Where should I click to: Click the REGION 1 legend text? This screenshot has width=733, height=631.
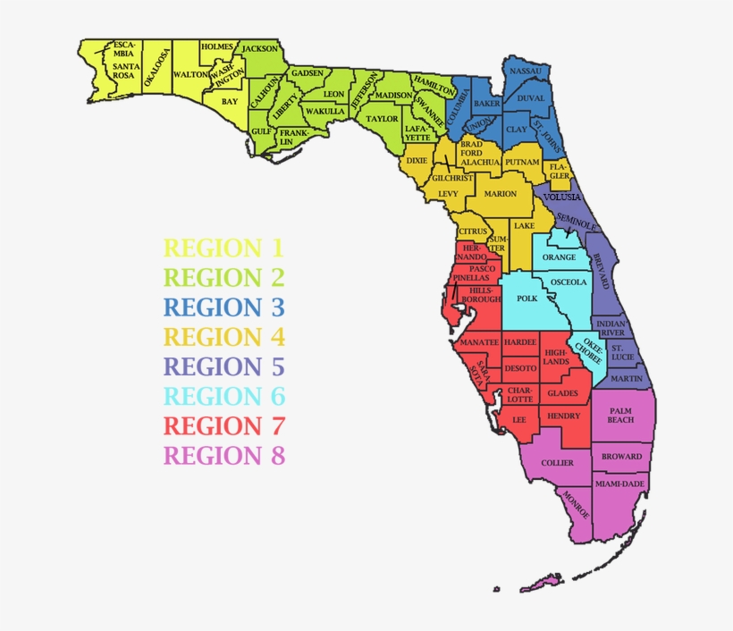click(x=223, y=248)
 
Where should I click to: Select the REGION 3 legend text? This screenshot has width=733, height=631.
click(x=223, y=307)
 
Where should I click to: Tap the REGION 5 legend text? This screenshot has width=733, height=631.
click(x=223, y=366)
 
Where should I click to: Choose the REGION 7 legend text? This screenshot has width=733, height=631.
click(x=223, y=425)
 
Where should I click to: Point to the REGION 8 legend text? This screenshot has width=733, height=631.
click(x=223, y=456)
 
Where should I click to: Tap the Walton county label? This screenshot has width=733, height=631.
click(x=190, y=75)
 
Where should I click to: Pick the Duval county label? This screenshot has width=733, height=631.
click(x=530, y=98)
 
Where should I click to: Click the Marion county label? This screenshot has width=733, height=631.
click(x=501, y=194)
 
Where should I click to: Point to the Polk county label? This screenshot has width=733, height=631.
click(x=527, y=299)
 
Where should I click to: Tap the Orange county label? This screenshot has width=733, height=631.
click(x=560, y=257)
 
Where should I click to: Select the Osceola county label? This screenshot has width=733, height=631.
click(x=569, y=282)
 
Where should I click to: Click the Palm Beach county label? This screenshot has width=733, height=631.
click(x=620, y=416)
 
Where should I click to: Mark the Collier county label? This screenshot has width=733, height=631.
click(x=558, y=463)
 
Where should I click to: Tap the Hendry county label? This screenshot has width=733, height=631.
click(x=564, y=416)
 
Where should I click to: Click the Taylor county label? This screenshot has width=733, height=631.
click(x=383, y=118)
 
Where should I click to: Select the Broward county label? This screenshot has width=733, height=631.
click(x=621, y=457)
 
